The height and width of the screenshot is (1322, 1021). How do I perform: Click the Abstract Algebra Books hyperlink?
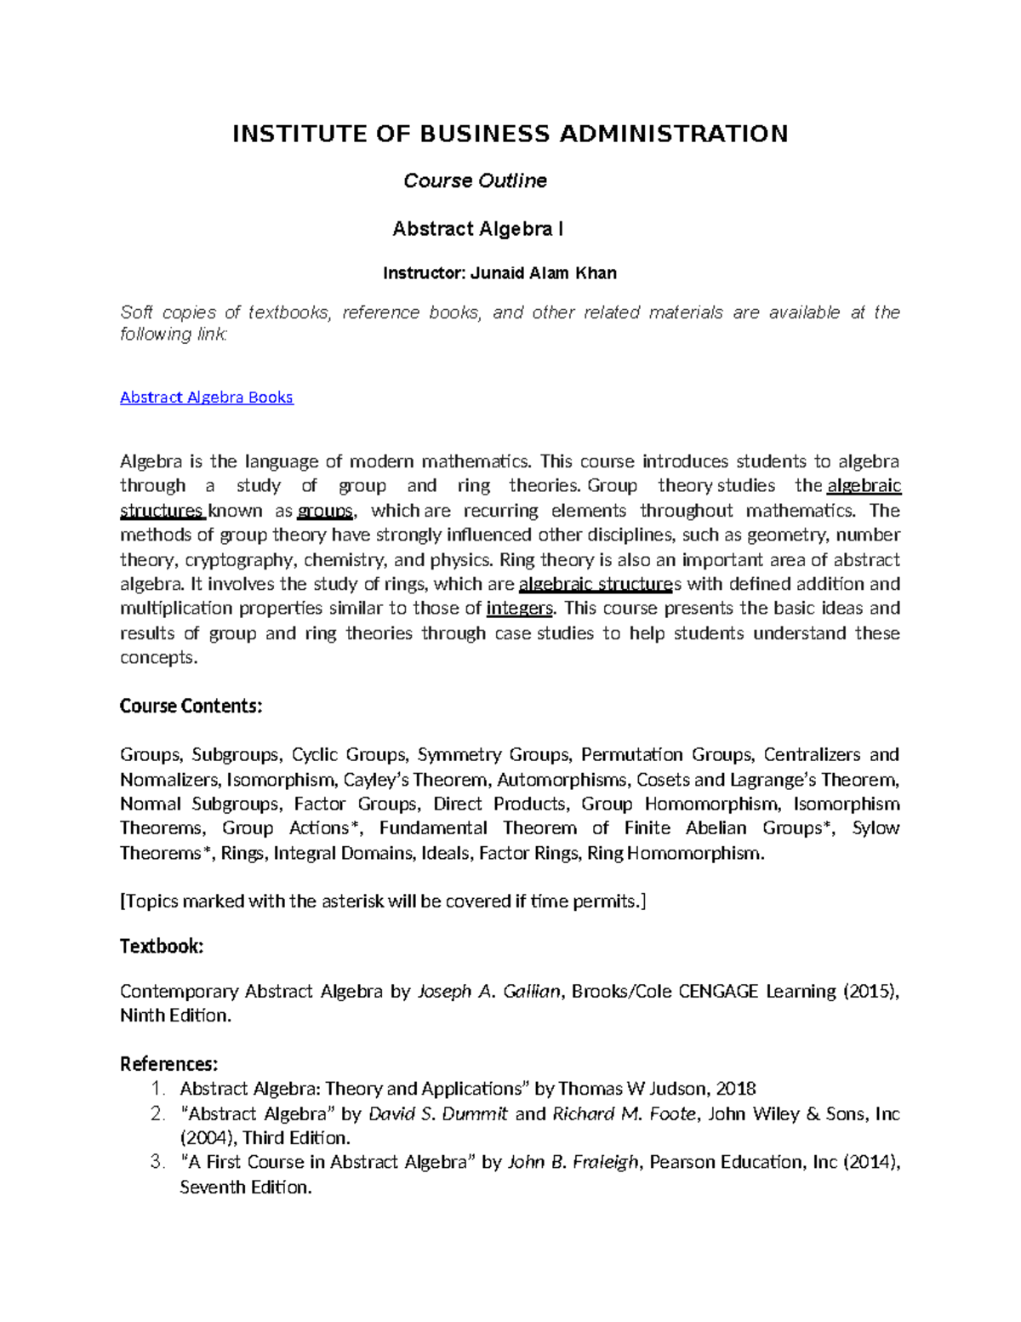206,398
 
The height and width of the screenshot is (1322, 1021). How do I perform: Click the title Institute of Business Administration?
510,134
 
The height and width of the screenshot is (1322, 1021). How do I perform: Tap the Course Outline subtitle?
475,180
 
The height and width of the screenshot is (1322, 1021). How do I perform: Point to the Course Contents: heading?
191,707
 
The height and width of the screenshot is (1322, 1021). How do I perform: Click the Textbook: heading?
162,947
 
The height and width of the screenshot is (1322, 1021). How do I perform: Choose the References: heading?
168,1064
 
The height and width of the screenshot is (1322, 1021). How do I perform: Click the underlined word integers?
519,609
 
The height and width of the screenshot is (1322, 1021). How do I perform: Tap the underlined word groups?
324,511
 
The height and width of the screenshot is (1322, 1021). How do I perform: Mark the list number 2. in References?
157,1113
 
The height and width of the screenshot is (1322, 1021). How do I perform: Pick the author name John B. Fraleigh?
573,1163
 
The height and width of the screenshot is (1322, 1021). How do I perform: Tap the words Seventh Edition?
245,1188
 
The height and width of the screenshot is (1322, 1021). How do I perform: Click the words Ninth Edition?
174,1016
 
